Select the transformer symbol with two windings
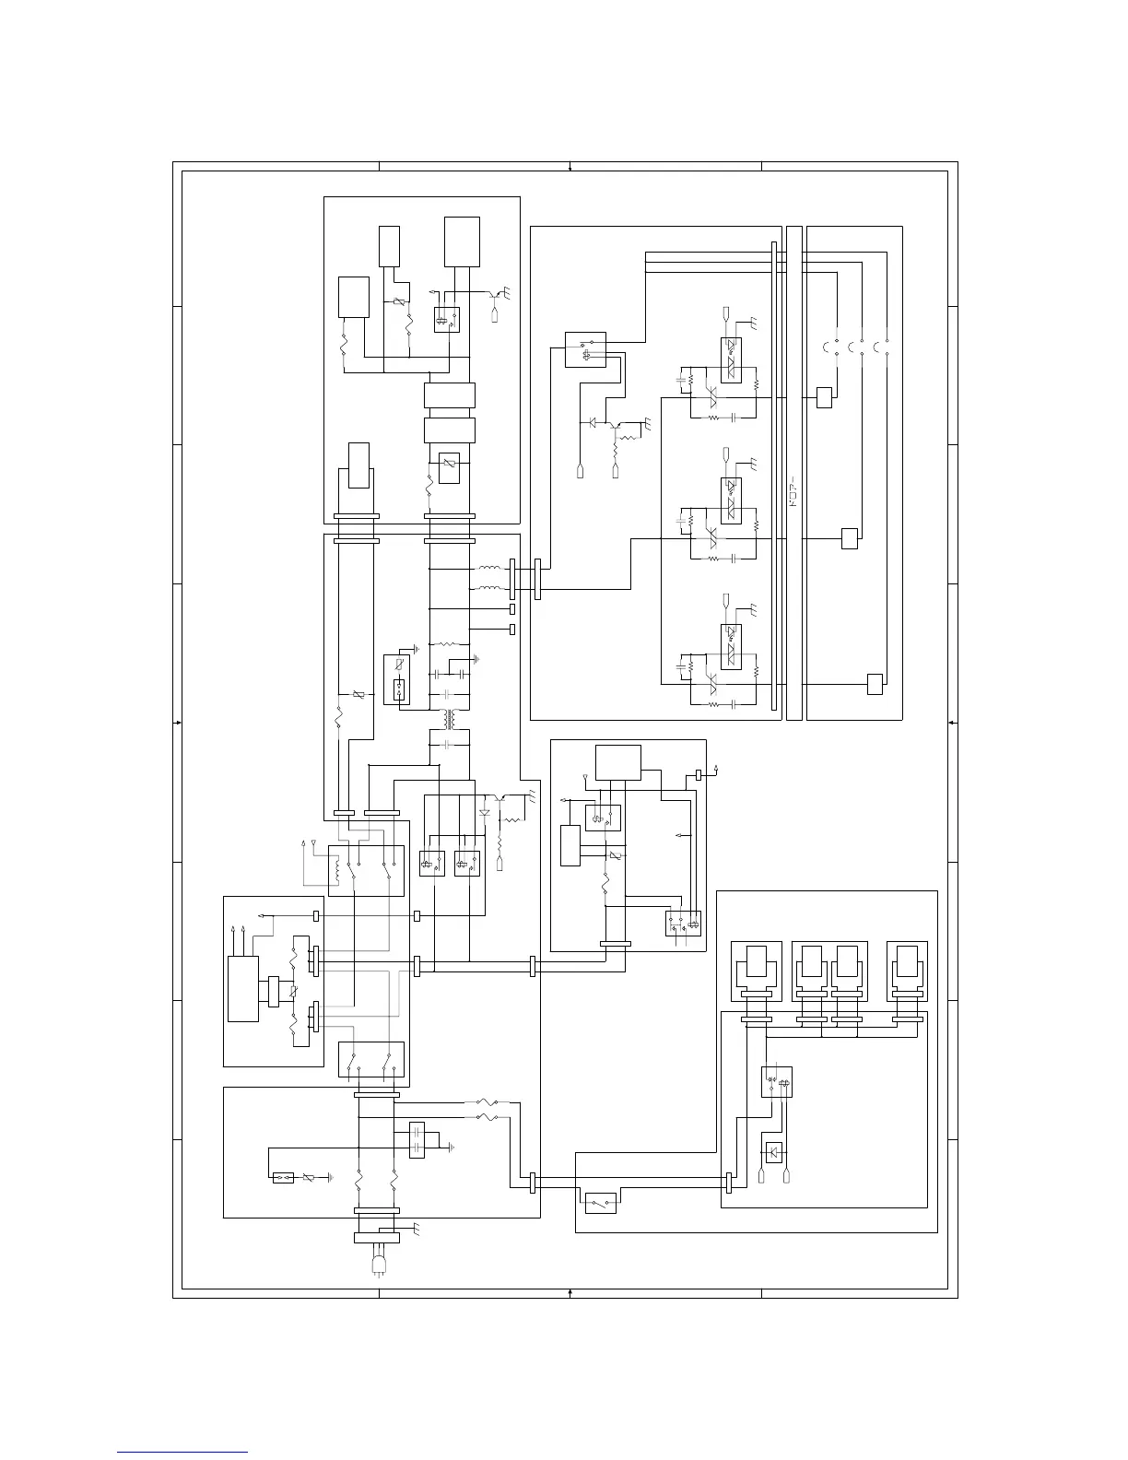pos(450,718)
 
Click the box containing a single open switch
pos(600,1202)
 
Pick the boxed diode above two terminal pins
pos(774,1151)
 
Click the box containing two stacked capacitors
pos(417,1139)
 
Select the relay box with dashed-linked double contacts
pos(777,1081)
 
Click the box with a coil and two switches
pos(368,869)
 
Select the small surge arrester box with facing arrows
pos(283,1177)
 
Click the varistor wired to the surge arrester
pos(310,1178)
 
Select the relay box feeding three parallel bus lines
pos(585,349)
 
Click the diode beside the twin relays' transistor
pos(485,812)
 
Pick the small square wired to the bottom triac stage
pos(875,683)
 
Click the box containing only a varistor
pos(450,467)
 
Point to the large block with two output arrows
pos(243,988)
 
